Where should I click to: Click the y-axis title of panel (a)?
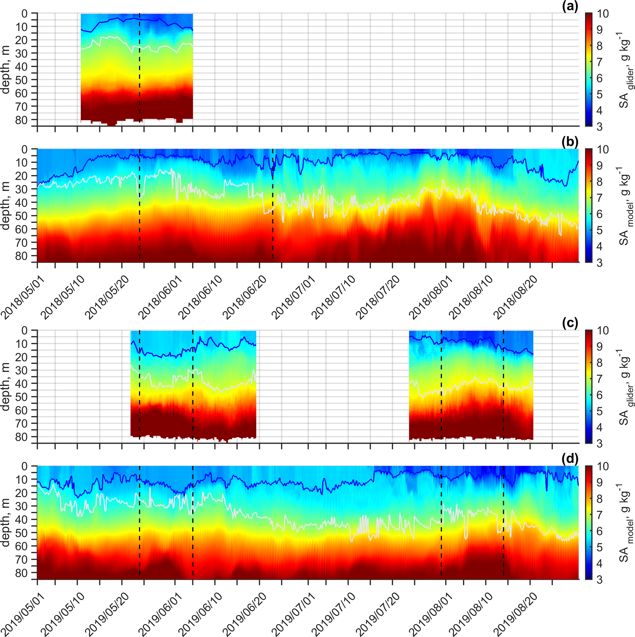pos(6,70)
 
